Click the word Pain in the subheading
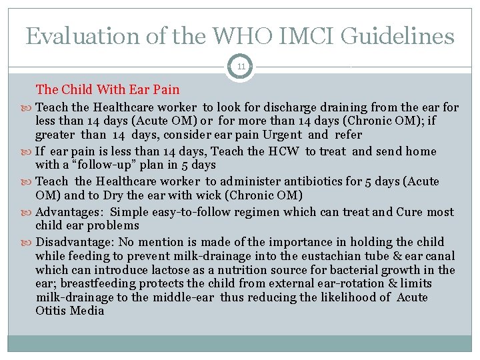click(165, 89)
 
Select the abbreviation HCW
click(285, 151)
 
